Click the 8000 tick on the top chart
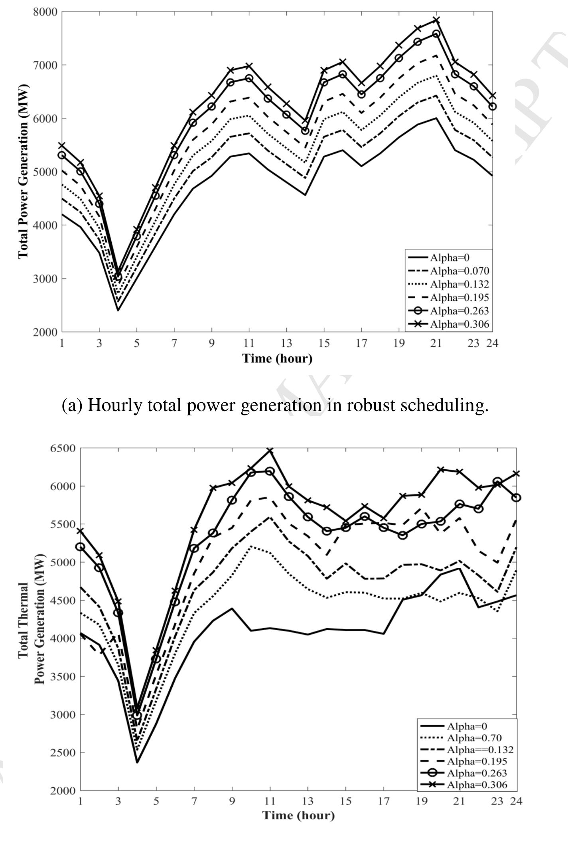pos(45,12)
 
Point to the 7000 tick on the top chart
pos(45,65)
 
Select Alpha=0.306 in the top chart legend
pos(459,324)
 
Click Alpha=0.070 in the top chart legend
pos(459,271)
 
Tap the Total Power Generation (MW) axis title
pos(23,172)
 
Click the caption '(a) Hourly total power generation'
pos(275,405)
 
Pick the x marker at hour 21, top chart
pos(436,20)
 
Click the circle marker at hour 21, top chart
pos(436,34)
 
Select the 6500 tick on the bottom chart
pos(63,449)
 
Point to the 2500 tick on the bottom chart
pos(63,753)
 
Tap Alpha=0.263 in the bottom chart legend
pos(477,773)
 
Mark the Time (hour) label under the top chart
pos(277,358)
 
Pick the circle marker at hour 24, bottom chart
pos(516,498)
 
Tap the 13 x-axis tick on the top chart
pos(286,344)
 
